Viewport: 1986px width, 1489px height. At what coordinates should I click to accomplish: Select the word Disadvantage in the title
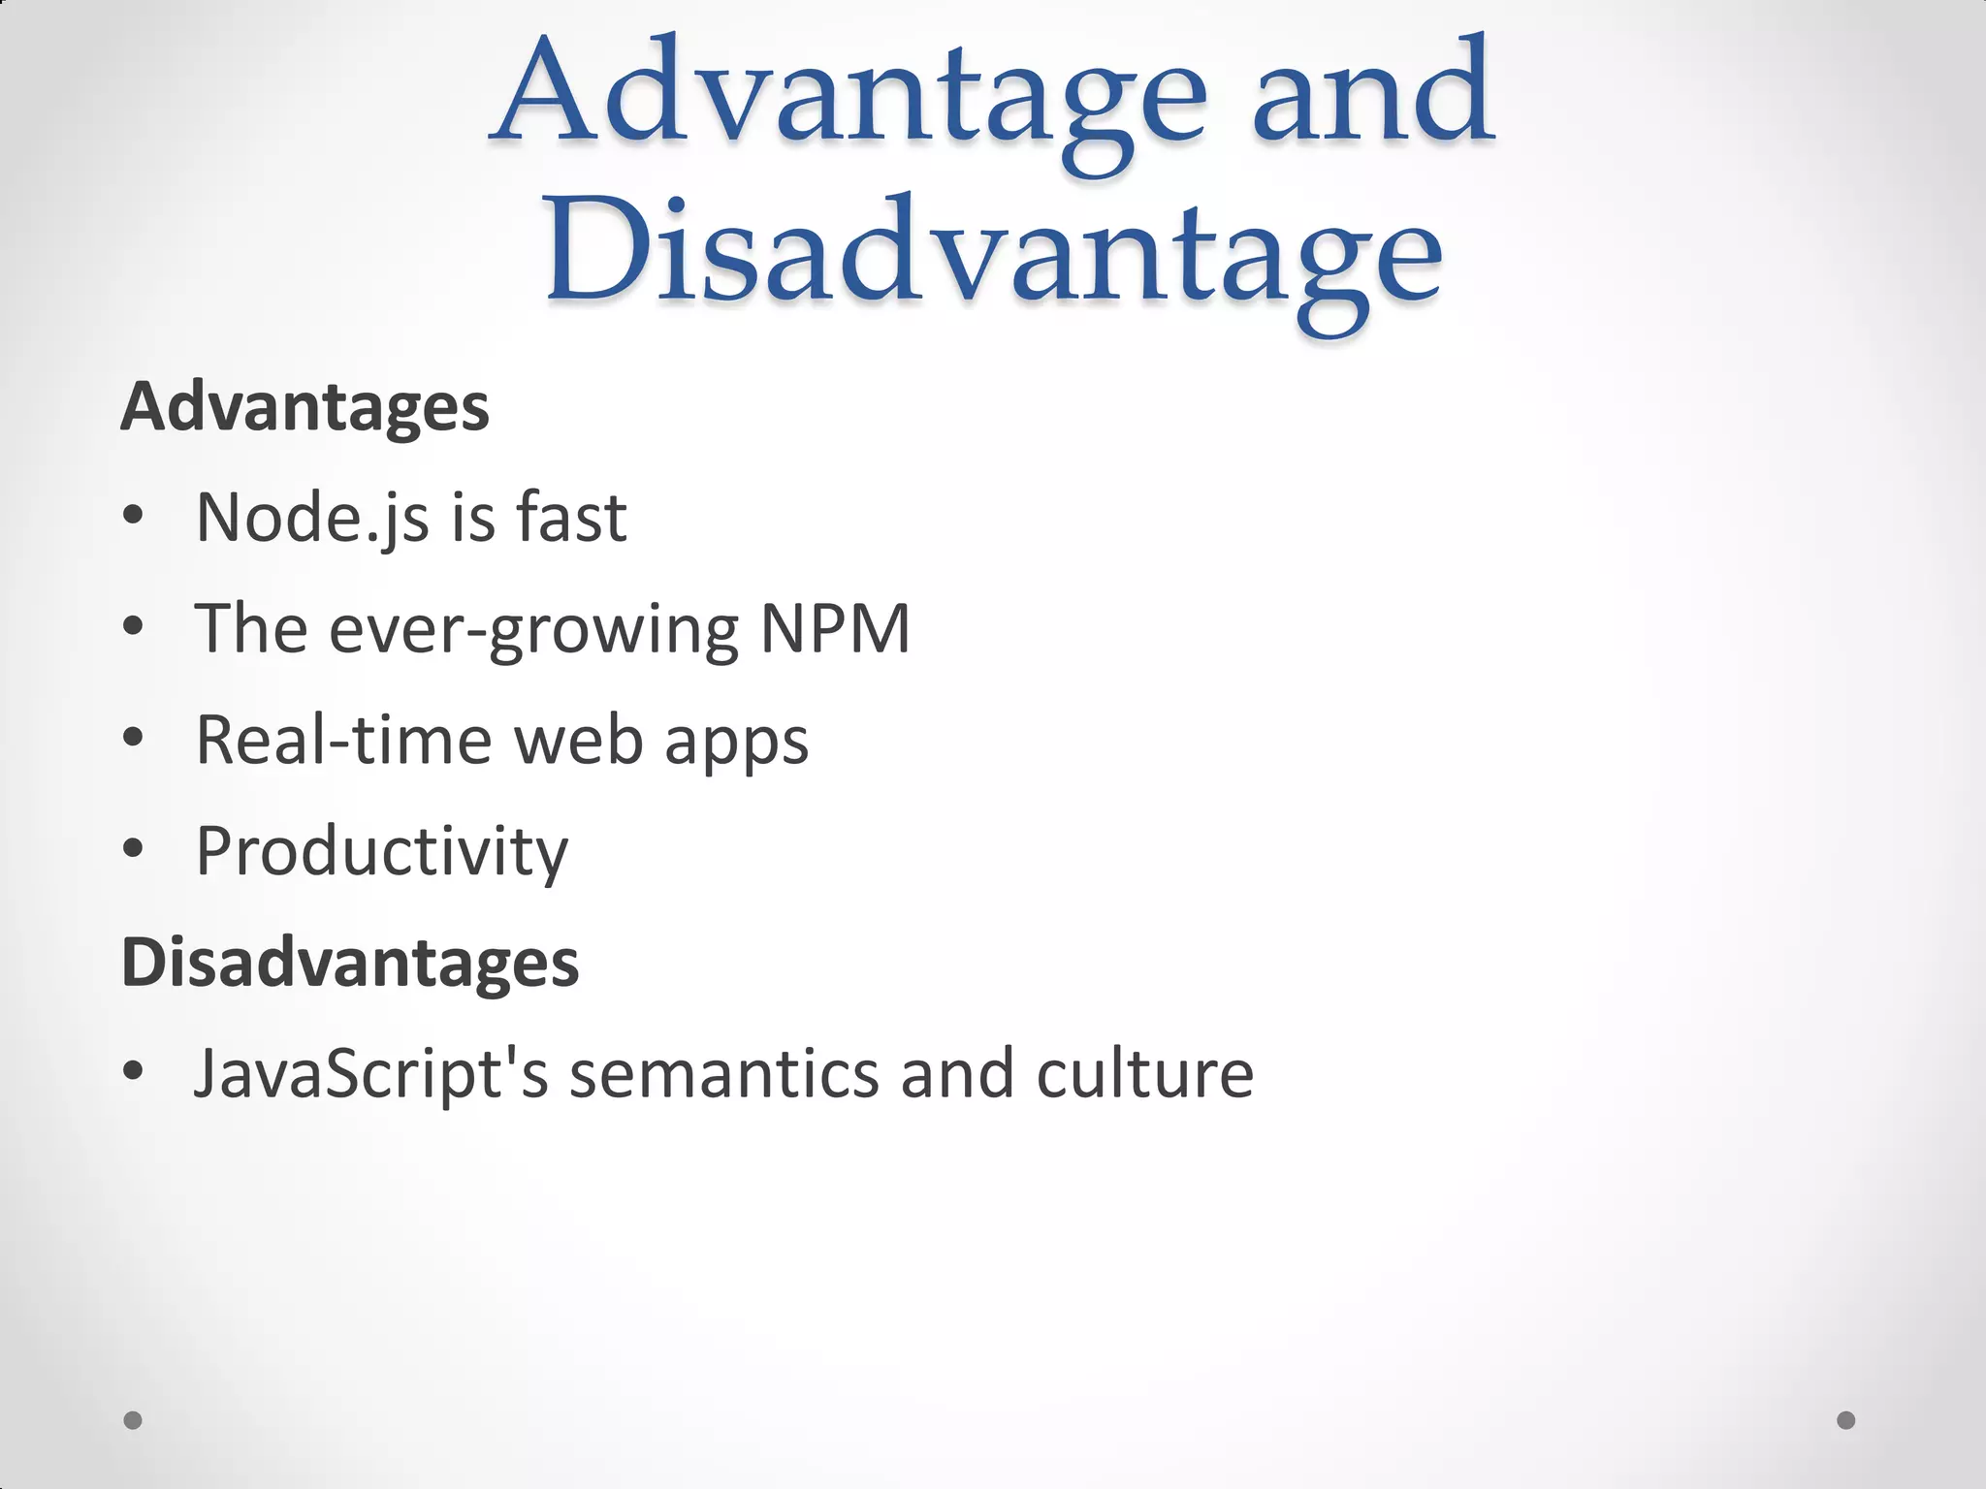coord(993,257)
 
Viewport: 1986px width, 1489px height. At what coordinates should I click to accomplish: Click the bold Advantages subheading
coord(304,407)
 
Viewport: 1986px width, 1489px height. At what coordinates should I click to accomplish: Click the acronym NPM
coord(835,629)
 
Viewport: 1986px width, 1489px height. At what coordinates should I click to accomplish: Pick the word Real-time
coord(343,741)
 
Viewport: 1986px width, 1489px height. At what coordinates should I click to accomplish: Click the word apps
coord(736,743)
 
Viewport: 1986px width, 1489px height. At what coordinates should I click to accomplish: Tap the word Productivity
coord(382,852)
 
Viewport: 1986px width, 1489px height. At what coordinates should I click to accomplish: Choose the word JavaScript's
coord(371,1074)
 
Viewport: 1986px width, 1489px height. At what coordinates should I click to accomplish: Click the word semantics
coord(723,1074)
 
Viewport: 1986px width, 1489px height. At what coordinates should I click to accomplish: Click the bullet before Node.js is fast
coord(134,517)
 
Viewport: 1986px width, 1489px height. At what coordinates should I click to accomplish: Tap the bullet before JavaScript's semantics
coord(134,1072)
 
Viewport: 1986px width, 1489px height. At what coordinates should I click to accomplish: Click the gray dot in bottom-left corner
coord(134,1420)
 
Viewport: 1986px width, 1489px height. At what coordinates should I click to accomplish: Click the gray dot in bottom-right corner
coord(1846,1420)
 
